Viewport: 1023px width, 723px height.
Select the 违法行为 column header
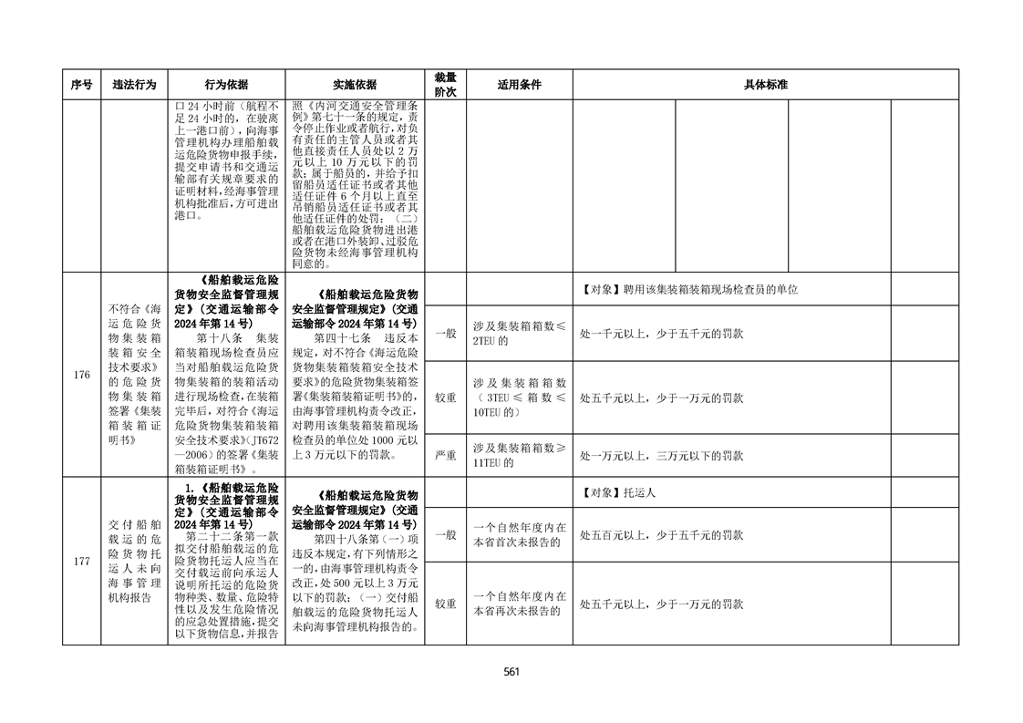[134, 85]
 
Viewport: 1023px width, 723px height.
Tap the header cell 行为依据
[226, 85]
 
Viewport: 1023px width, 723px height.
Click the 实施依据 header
[355, 85]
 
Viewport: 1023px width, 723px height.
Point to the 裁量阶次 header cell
[445, 85]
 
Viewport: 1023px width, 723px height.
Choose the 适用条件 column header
[519, 85]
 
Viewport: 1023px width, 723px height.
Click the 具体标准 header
[765, 85]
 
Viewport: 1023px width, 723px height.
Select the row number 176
[81, 375]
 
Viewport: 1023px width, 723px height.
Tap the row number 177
[81, 561]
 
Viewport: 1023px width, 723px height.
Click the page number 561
[511, 672]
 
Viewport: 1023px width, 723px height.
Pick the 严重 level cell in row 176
[445, 455]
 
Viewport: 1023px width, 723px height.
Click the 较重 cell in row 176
[445, 398]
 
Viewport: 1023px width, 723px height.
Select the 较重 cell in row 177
[445, 604]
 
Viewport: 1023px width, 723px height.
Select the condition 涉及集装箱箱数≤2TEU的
[519, 334]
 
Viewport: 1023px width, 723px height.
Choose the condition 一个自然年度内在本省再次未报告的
[519, 604]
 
